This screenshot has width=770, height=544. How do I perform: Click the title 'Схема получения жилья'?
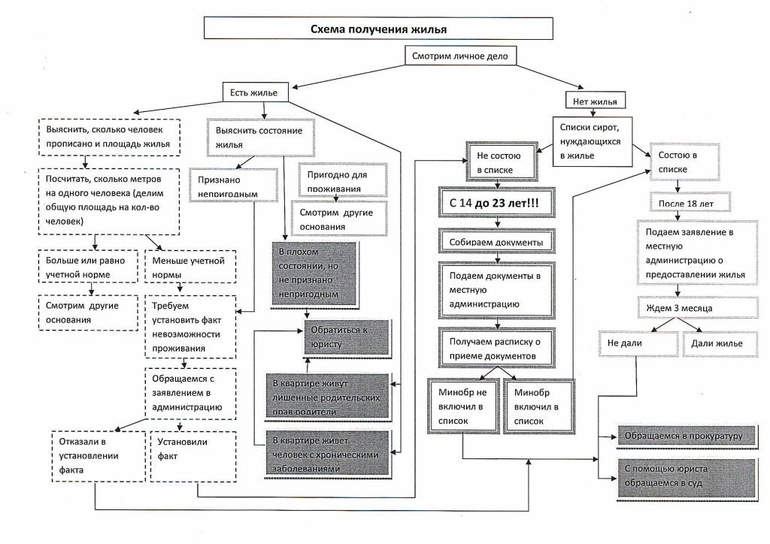pyautogui.click(x=379, y=29)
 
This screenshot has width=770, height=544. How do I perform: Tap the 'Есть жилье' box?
pyautogui.click(x=250, y=92)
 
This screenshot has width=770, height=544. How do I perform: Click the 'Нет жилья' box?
pyautogui.click(x=595, y=101)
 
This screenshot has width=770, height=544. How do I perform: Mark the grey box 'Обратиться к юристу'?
pyautogui.click(x=347, y=337)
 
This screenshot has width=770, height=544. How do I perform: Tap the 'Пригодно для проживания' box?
pyautogui.click(x=343, y=180)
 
